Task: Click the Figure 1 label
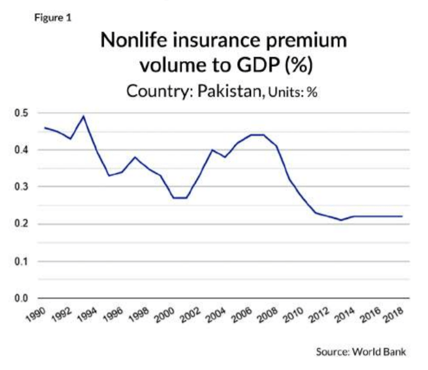(54, 18)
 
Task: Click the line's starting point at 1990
(45, 127)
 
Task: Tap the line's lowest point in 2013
(340, 220)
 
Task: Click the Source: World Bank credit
(361, 352)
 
